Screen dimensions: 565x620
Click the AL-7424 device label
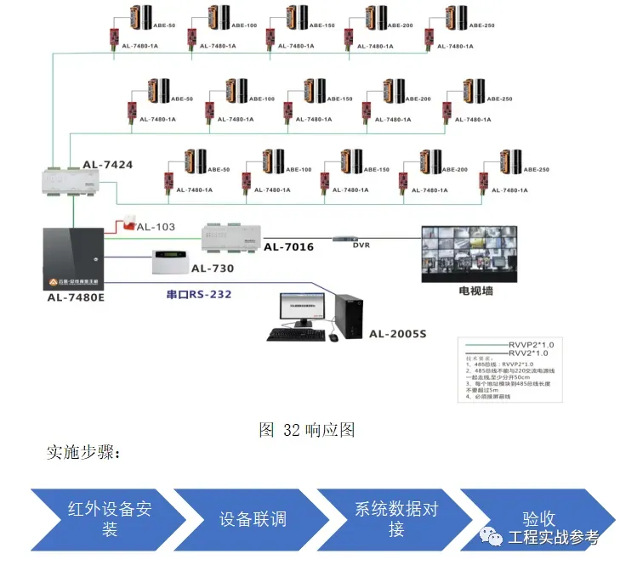pos(108,164)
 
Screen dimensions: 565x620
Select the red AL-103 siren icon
pos(127,222)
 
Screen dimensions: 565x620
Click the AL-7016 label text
pos(288,247)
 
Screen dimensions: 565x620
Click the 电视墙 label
pos(475,291)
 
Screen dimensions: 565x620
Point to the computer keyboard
pos(295,335)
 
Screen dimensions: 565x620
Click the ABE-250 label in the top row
pos(481,25)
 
